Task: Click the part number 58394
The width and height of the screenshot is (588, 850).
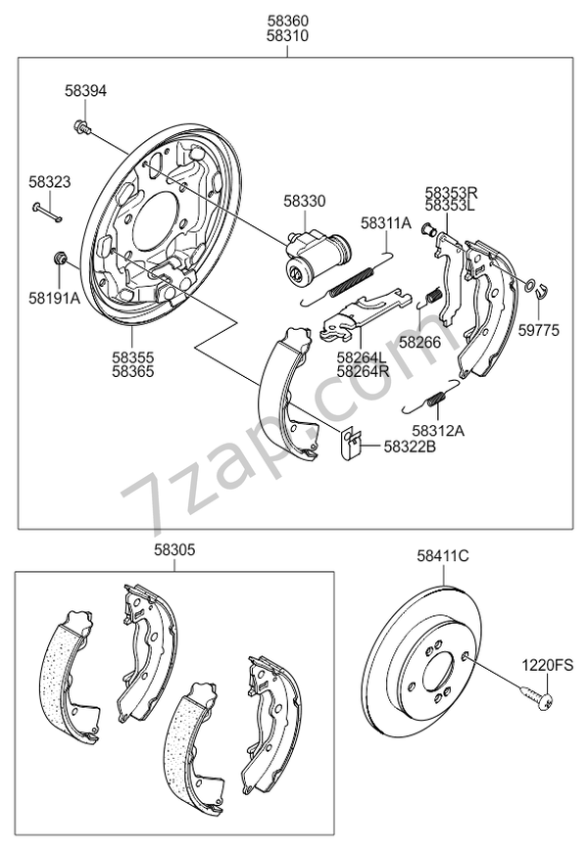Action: (85, 90)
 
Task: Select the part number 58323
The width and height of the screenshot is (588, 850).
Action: (49, 181)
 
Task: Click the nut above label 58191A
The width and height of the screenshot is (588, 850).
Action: (59, 260)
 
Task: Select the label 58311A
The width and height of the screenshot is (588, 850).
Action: (385, 223)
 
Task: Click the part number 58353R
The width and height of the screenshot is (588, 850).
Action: (451, 194)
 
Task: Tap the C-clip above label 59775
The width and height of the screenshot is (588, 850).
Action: (536, 287)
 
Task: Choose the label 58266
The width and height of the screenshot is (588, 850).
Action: (418, 342)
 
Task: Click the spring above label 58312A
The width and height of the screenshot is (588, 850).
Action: (433, 394)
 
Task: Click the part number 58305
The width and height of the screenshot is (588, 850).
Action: (174, 552)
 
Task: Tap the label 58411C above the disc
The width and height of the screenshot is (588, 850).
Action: (443, 556)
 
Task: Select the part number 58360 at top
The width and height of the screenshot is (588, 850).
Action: (288, 20)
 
